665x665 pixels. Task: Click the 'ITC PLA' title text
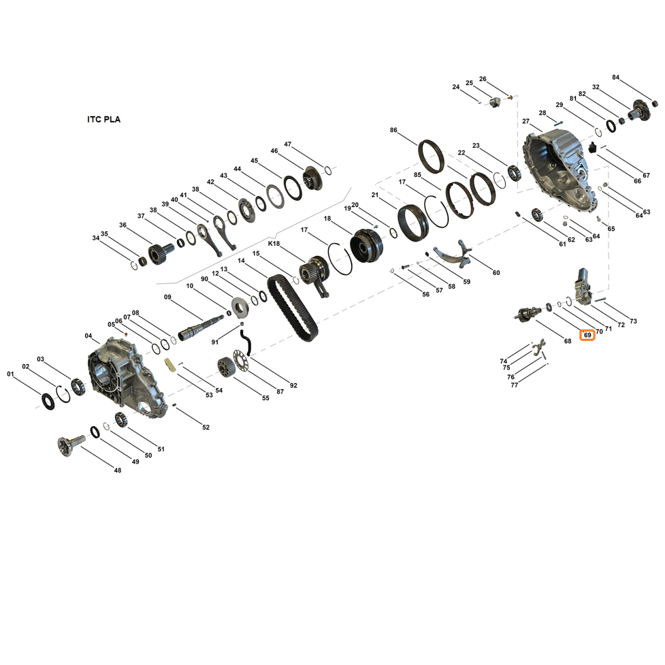coord(104,120)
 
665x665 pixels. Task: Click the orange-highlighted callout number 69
coord(587,335)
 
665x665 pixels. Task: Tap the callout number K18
coord(274,244)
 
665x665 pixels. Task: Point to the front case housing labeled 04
coord(123,376)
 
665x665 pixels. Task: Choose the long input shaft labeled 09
coord(200,327)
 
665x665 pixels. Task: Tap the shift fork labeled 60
coord(454,254)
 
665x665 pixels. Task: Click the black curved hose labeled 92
coord(246,342)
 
